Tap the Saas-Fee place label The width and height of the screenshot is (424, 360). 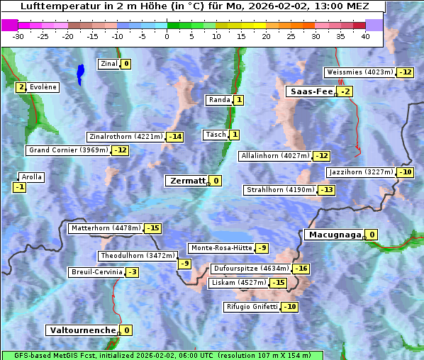311,91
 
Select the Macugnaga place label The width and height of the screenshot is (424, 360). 333,235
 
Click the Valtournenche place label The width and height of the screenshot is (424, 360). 82,330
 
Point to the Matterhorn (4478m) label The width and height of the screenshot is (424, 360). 105,228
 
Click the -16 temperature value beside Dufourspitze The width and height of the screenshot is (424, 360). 301,269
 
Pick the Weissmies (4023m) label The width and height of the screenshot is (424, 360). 359,72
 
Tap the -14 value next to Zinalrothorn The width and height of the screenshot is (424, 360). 174,137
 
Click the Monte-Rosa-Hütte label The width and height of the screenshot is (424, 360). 221,248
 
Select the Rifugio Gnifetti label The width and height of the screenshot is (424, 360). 252,307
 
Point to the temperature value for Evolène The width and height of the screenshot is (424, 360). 21,87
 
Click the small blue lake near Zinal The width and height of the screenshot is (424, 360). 80,73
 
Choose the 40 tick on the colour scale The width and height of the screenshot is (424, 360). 365,36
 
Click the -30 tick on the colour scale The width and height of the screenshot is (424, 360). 18,36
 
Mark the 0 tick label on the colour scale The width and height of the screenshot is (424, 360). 167,36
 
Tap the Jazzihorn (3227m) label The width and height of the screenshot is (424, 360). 361,172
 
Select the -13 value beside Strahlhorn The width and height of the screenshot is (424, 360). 326,190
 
